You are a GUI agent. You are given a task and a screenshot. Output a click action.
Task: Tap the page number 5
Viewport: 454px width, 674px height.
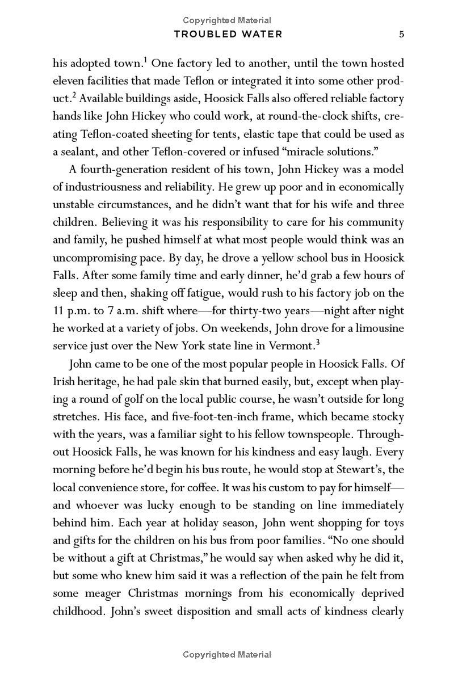coord(401,34)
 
